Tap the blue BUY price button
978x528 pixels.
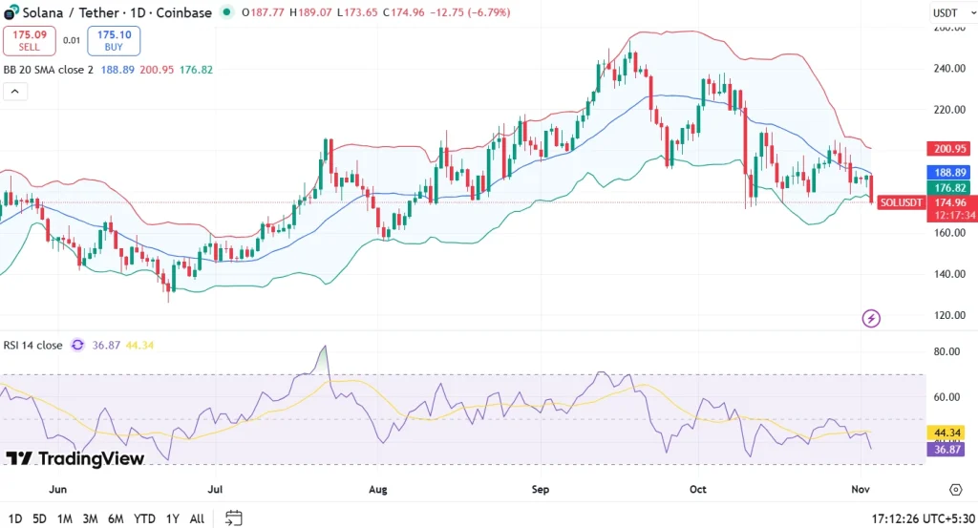pyautogui.click(x=114, y=40)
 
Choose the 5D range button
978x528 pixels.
pyautogui.click(x=39, y=518)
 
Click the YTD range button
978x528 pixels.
pyautogui.click(x=145, y=518)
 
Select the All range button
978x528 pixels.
pyautogui.click(x=197, y=518)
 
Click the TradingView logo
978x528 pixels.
pyautogui.click(x=75, y=458)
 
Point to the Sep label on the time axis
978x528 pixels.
pyautogui.click(x=541, y=489)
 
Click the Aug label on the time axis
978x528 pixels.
pyautogui.click(x=377, y=489)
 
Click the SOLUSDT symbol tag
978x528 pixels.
pyautogui.click(x=901, y=202)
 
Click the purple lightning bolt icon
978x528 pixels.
pyautogui.click(x=870, y=318)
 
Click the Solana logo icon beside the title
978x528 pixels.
pyautogui.click(x=11, y=12)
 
